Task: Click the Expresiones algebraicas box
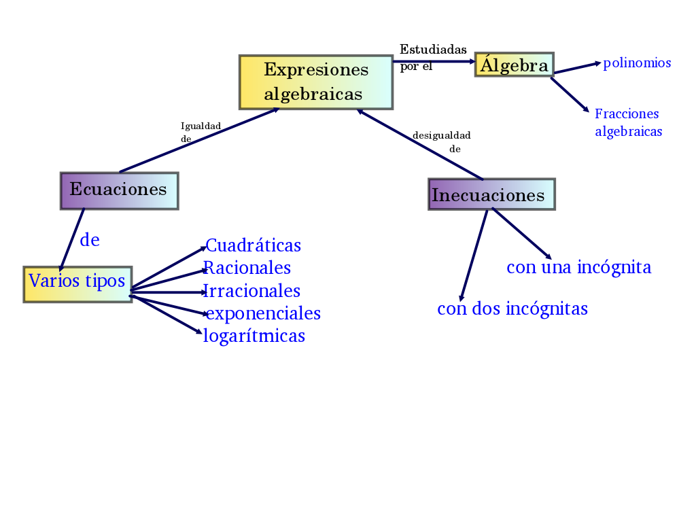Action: pyautogui.click(x=316, y=82)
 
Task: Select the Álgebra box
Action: pyautogui.click(x=515, y=65)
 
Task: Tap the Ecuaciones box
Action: pyautogui.click(x=119, y=190)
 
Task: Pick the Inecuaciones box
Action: pyautogui.click(x=491, y=194)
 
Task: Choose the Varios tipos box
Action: pyautogui.click(x=77, y=284)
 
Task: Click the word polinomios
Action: pyautogui.click(x=637, y=63)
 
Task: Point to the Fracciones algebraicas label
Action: pyautogui.click(x=628, y=122)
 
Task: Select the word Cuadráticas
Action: pyautogui.click(x=253, y=245)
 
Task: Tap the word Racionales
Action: pyautogui.click(x=247, y=268)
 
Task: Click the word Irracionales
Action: pyautogui.click(x=252, y=291)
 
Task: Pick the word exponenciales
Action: pyautogui.click(x=263, y=313)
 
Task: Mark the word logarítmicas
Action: pyautogui.click(x=254, y=336)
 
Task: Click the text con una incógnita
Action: pyautogui.click(x=579, y=267)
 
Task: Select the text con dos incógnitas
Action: pyautogui.click(x=512, y=309)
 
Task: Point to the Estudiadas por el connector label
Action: pyautogui.click(x=432, y=57)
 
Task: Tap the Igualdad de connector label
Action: pyautogui.click(x=200, y=132)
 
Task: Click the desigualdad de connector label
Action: pyautogui.click(x=442, y=141)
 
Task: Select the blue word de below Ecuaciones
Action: pyautogui.click(x=90, y=240)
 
